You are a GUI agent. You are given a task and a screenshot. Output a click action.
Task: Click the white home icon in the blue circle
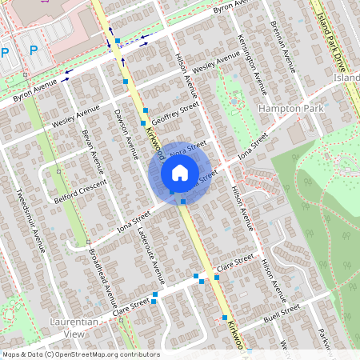(179, 172)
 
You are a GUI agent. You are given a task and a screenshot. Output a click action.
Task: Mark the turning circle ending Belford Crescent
(59, 170)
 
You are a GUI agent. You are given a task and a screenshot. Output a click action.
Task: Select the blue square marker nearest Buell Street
(224, 318)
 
